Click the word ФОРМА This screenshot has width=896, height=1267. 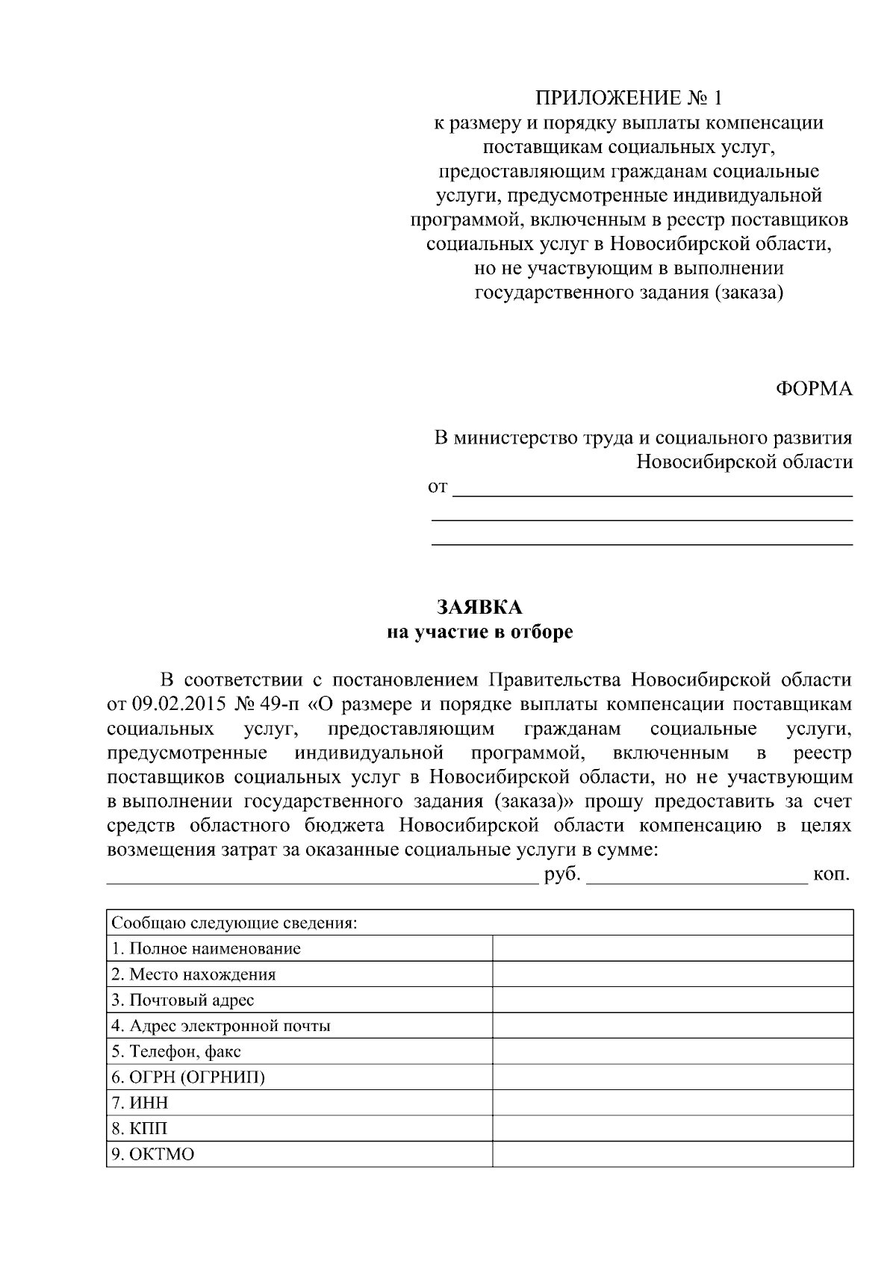814,388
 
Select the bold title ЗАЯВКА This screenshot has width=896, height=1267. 479,606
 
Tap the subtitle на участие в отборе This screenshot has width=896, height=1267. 479,632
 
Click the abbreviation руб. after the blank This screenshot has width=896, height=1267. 562,874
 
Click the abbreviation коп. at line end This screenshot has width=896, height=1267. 832,874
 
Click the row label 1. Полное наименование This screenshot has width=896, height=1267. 206,948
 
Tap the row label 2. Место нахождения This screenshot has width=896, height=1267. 193,974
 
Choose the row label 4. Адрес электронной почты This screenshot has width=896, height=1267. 221,1026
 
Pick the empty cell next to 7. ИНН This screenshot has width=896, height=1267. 672,1103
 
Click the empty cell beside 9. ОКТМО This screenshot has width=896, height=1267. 672,1154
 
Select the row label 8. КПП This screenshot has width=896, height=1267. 140,1128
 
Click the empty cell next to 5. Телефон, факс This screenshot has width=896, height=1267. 672,1051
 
